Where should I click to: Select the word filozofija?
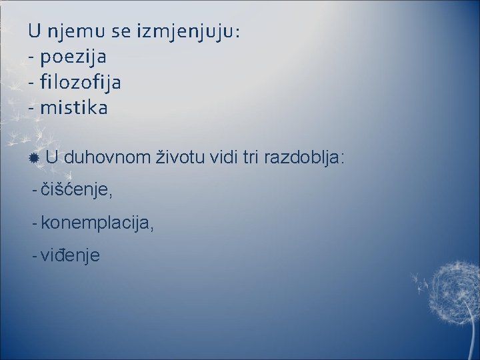80,83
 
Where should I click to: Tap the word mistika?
73,108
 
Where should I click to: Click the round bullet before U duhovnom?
34,159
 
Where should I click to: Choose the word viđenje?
70,255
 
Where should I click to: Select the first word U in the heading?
34,31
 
